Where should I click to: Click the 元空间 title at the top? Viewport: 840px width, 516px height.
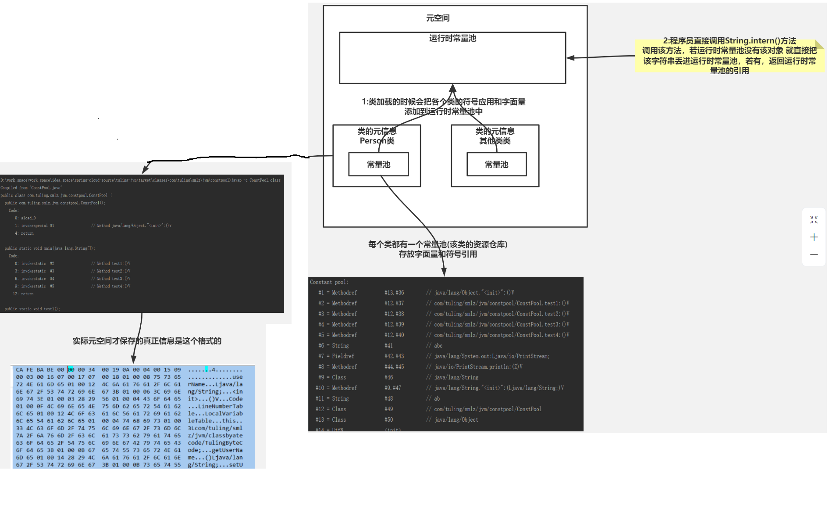(x=438, y=18)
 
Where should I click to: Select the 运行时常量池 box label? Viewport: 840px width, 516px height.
(x=452, y=39)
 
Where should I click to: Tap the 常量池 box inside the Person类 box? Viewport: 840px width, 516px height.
(x=378, y=165)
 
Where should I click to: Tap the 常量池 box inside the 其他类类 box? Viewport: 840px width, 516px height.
(x=496, y=165)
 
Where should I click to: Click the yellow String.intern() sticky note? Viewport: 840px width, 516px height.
(x=729, y=56)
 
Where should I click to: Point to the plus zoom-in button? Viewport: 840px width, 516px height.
(x=814, y=237)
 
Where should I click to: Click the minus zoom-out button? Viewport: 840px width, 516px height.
(x=814, y=254)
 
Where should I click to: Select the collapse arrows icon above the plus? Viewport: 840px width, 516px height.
(x=814, y=219)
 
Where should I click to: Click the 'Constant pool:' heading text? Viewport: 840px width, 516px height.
(x=329, y=282)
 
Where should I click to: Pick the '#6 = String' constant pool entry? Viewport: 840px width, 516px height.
(x=334, y=346)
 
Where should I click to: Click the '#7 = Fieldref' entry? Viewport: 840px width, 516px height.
(x=336, y=356)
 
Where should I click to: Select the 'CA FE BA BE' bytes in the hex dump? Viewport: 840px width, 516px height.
(x=35, y=370)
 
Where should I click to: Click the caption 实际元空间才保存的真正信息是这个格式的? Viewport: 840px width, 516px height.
(x=147, y=341)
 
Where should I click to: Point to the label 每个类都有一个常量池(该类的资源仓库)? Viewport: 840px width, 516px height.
(x=438, y=244)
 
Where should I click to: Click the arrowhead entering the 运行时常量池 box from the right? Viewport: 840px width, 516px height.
(x=570, y=57)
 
